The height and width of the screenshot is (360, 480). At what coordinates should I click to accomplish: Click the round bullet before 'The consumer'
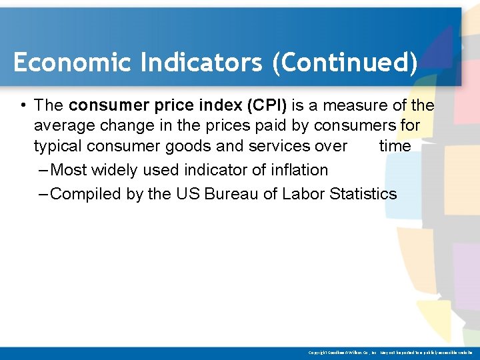[x=23, y=106]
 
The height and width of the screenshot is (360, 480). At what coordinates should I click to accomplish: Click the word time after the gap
[x=395, y=146]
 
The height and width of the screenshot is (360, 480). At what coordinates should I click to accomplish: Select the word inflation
[x=300, y=170]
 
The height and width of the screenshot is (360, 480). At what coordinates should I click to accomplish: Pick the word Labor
[x=302, y=194]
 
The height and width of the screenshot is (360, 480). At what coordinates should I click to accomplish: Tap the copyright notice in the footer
[x=390, y=351]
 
